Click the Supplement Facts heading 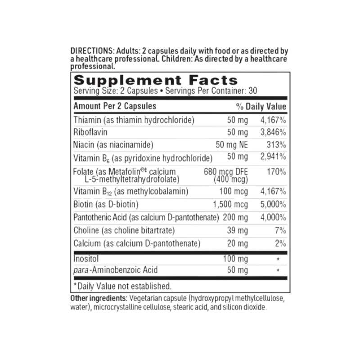[x=155, y=81]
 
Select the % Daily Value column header [x=261, y=107]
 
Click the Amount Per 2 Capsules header [x=115, y=107]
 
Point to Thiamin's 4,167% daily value [x=273, y=121]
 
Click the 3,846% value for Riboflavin [x=273, y=133]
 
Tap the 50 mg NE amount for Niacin [x=232, y=145]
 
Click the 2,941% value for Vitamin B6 [x=273, y=157]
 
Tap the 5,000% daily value [x=273, y=205]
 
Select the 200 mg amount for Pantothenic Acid [x=235, y=218]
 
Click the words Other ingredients [x=98, y=299]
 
